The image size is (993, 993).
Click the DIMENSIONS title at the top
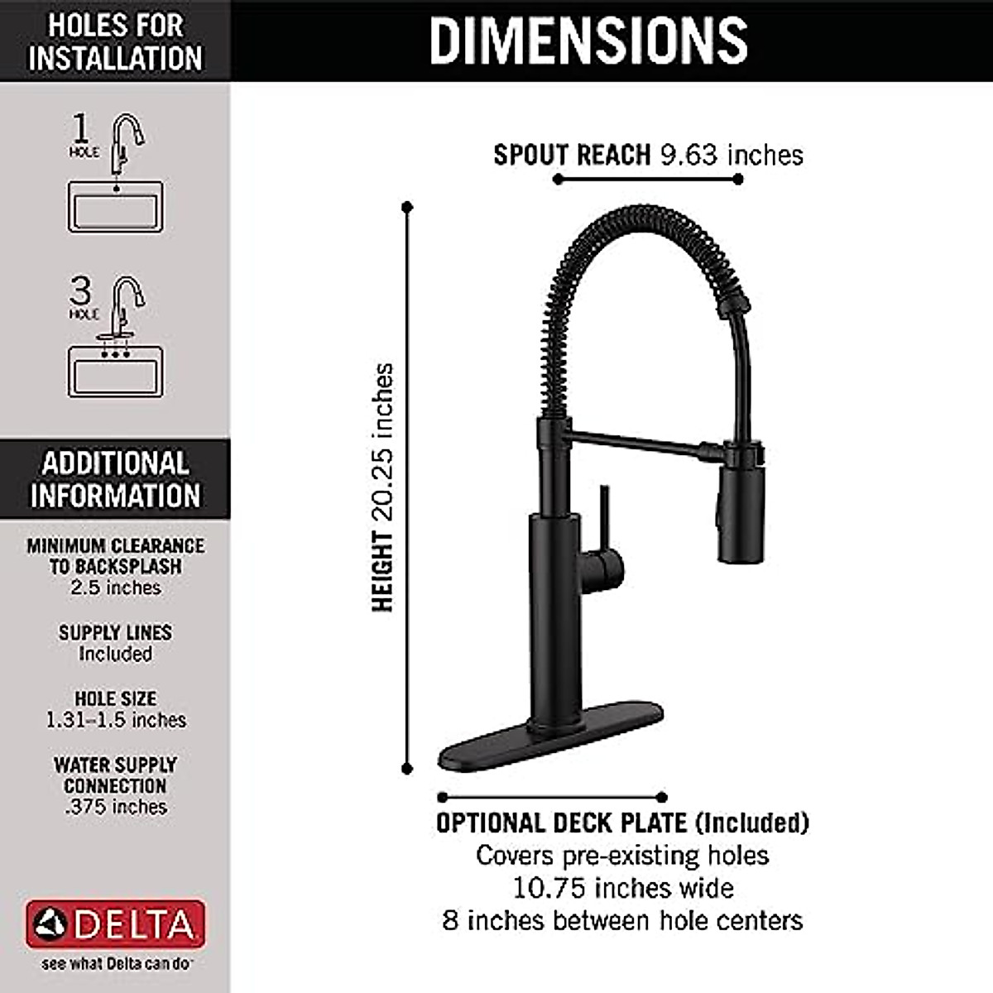tap(588, 40)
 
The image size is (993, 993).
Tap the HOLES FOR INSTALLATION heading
tap(115, 41)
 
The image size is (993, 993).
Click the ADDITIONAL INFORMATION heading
tap(115, 479)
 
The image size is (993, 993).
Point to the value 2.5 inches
tap(115, 588)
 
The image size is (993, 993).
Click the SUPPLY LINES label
tap(115, 633)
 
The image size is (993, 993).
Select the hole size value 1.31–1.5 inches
tap(115, 721)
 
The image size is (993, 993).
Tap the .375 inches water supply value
tap(115, 808)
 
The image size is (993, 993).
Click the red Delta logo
tap(115, 924)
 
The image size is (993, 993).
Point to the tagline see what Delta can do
tap(115, 964)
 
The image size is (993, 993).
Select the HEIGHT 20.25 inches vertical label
tap(382, 488)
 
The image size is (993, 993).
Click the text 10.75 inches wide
tap(622, 889)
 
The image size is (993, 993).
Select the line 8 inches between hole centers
tap(622, 921)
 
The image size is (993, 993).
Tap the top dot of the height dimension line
tap(406, 207)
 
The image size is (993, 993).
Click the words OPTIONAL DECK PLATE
tap(561, 823)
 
